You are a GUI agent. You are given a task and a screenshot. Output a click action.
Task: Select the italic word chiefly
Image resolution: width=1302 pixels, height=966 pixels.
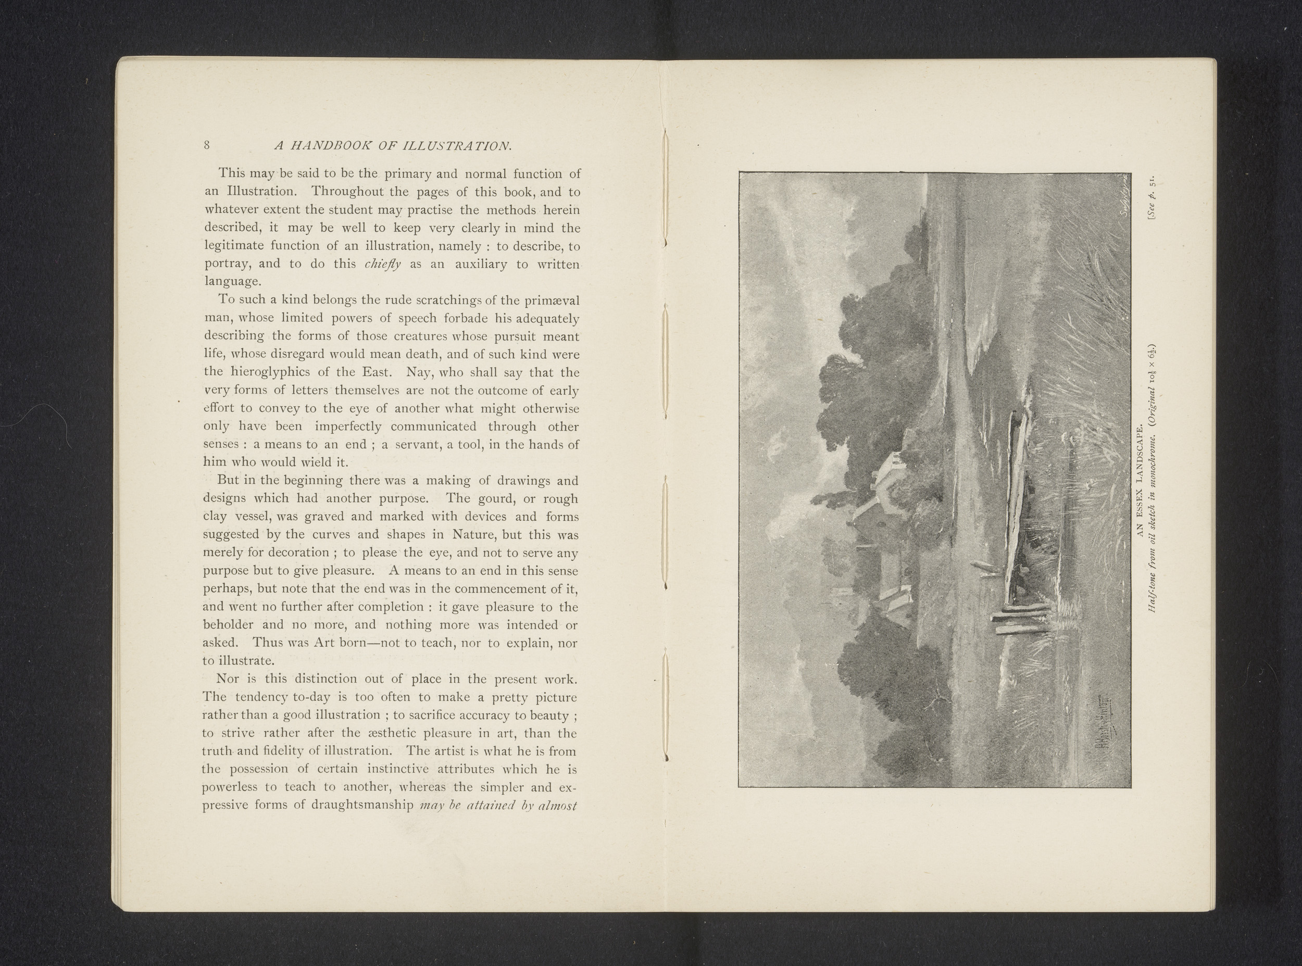click(382, 265)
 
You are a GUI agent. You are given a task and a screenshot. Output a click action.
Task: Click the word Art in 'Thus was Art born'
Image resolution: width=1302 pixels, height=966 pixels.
click(323, 643)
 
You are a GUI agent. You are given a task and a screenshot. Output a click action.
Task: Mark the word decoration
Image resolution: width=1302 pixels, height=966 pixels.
click(299, 553)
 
